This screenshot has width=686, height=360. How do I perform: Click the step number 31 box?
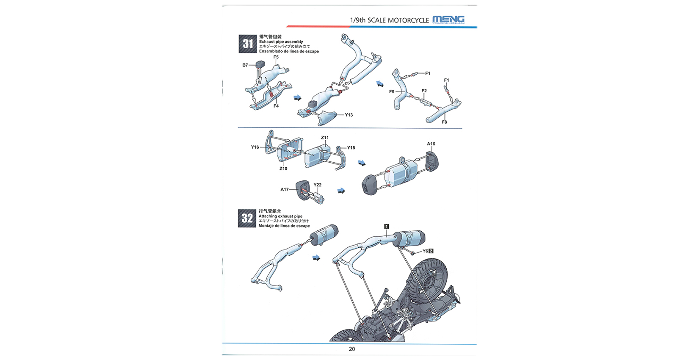pyautogui.click(x=248, y=44)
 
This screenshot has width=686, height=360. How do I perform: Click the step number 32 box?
pyautogui.click(x=247, y=218)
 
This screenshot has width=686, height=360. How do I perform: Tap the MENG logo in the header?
pyautogui.click(x=448, y=19)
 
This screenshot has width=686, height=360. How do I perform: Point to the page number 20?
pyautogui.click(x=352, y=349)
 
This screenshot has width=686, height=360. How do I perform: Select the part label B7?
pyautogui.click(x=245, y=65)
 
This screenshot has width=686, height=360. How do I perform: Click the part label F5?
pyautogui.click(x=276, y=57)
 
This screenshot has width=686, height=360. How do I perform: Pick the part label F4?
pyautogui.click(x=276, y=106)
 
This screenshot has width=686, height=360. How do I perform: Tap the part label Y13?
pyautogui.click(x=349, y=115)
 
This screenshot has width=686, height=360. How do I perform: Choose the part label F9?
pyautogui.click(x=392, y=91)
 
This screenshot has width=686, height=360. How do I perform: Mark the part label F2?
pyautogui.click(x=424, y=91)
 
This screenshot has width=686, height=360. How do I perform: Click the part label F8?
pyautogui.click(x=444, y=122)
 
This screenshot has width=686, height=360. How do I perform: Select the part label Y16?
pyautogui.click(x=255, y=147)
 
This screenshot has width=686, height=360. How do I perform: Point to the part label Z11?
pyautogui.click(x=325, y=138)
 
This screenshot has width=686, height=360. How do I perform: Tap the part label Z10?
pyautogui.click(x=283, y=169)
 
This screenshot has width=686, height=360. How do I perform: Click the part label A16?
pyautogui.click(x=431, y=144)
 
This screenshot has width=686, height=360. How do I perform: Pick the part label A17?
pyautogui.click(x=285, y=189)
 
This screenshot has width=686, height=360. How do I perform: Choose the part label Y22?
pyautogui.click(x=317, y=185)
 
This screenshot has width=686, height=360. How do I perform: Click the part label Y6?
pyautogui.click(x=425, y=251)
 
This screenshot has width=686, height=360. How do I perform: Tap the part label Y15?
pyautogui.click(x=351, y=148)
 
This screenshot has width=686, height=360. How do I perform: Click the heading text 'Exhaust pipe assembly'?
pyautogui.click(x=281, y=42)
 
